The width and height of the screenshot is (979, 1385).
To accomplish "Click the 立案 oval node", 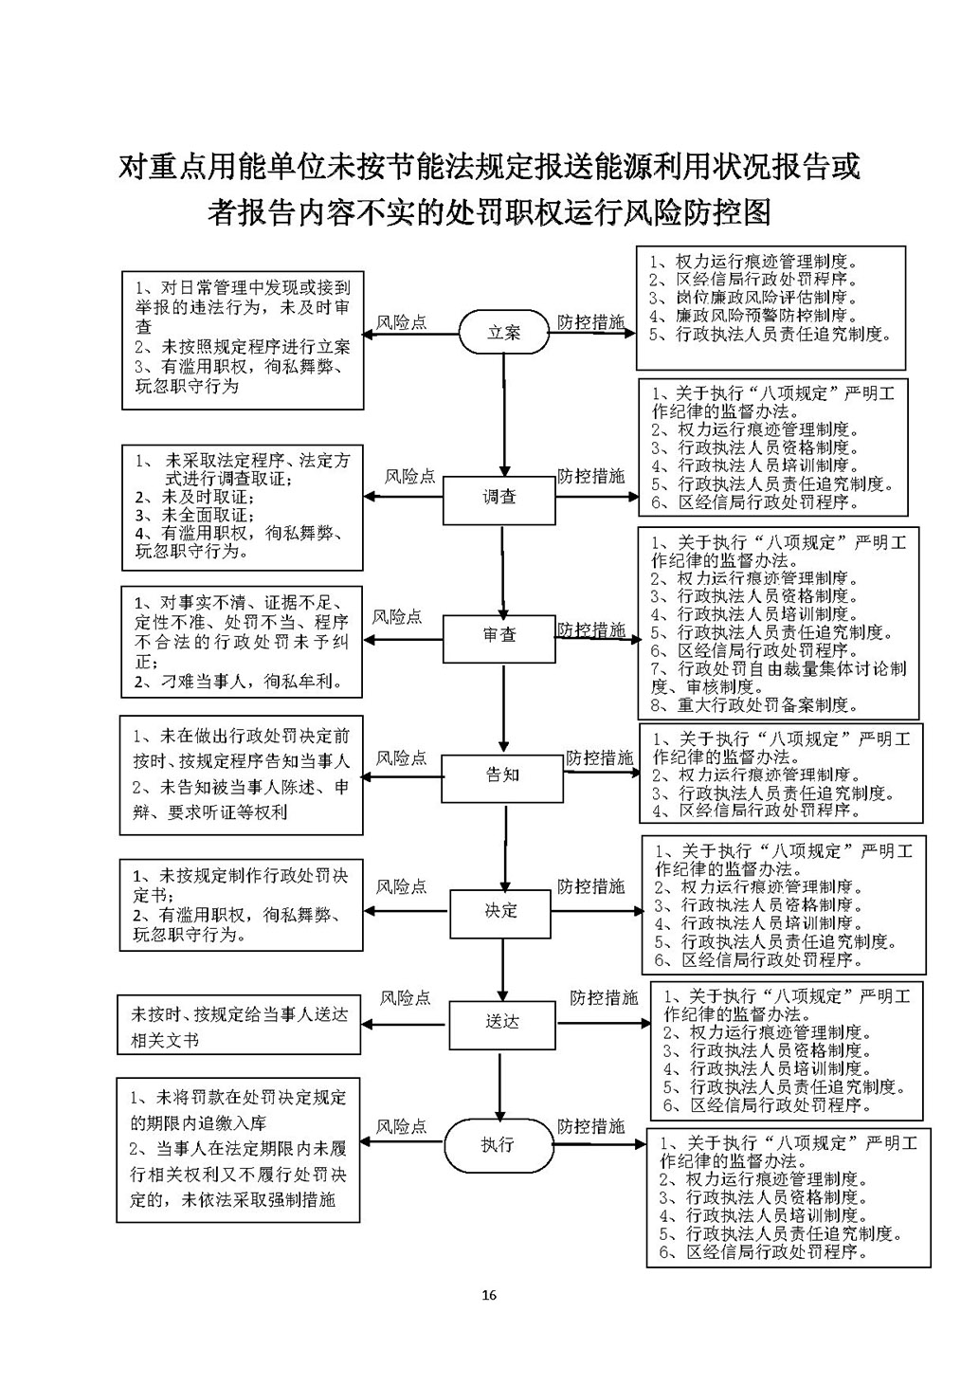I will (504, 332).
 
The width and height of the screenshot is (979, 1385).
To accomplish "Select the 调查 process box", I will (499, 498).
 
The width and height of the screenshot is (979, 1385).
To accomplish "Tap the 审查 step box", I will (499, 636).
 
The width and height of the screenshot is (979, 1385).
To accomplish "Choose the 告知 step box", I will (502, 775).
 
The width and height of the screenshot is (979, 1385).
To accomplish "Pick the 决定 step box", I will (501, 911).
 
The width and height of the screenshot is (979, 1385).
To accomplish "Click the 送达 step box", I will (502, 1023).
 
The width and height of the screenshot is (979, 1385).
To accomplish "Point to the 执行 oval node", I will (498, 1144).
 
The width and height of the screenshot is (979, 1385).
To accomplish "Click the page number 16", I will (489, 1295).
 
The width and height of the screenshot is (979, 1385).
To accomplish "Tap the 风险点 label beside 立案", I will (402, 323).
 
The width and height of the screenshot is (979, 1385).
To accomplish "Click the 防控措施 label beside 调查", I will (591, 477).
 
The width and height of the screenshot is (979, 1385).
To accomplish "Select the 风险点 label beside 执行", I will (402, 1127).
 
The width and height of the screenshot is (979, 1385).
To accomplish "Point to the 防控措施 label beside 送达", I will (604, 998).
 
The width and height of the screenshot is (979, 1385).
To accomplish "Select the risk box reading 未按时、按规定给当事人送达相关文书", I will (239, 1026).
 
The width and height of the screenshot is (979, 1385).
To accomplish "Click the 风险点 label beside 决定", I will (402, 887).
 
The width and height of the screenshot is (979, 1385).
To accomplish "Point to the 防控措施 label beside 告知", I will (600, 758).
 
